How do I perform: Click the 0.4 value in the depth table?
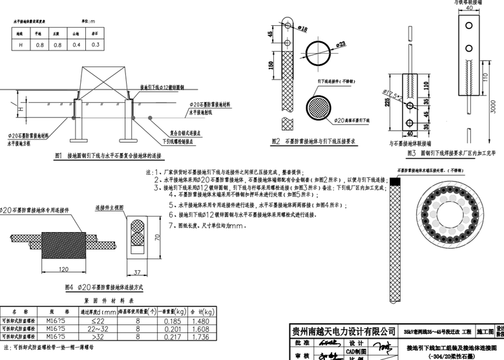click(x=76, y=45)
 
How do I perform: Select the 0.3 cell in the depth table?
click(x=95, y=45)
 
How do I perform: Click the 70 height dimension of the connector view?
click(x=157, y=237)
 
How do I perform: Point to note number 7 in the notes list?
click(x=169, y=226)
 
